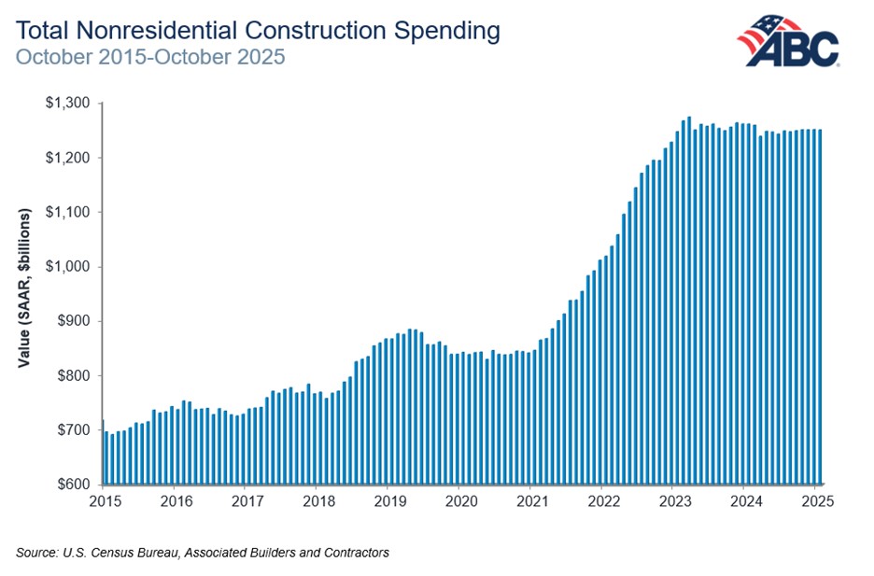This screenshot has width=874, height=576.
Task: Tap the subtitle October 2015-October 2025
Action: click(x=149, y=57)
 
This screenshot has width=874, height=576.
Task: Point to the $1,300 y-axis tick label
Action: click(x=68, y=103)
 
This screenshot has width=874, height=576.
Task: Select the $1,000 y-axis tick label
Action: click(x=68, y=267)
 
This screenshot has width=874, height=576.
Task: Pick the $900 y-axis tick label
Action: click(x=73, y=321)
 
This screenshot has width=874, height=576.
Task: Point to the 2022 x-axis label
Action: click(x=602, y=501)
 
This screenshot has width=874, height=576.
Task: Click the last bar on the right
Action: click(x=820, y=308)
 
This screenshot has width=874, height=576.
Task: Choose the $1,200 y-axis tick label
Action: click(x=68, y=158)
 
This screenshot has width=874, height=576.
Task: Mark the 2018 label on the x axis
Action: click(x=317, y=501)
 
